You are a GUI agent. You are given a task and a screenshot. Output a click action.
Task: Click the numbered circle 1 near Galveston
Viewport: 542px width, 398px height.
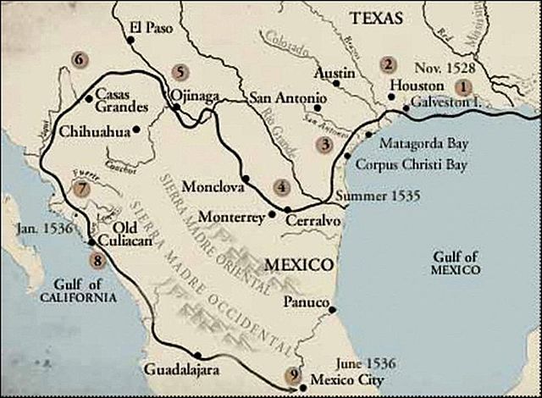(462, 86)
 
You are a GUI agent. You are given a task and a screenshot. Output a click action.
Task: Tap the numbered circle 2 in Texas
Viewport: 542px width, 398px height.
(388, 64)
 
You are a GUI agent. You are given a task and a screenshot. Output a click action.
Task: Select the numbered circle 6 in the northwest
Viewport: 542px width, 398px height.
(80, 60)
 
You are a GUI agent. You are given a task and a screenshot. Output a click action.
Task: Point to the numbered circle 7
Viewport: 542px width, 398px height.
(81, 189)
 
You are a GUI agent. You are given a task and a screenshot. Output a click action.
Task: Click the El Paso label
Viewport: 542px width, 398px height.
(152, 27)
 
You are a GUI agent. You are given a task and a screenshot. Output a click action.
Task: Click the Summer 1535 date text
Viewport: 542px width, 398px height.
(372, 196)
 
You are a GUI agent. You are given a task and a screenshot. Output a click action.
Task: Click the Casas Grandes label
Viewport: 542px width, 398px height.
(123, 101)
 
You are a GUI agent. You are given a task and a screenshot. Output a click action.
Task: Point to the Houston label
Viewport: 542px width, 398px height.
(417, 86)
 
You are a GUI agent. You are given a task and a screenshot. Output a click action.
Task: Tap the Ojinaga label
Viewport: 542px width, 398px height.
(194, 96)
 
